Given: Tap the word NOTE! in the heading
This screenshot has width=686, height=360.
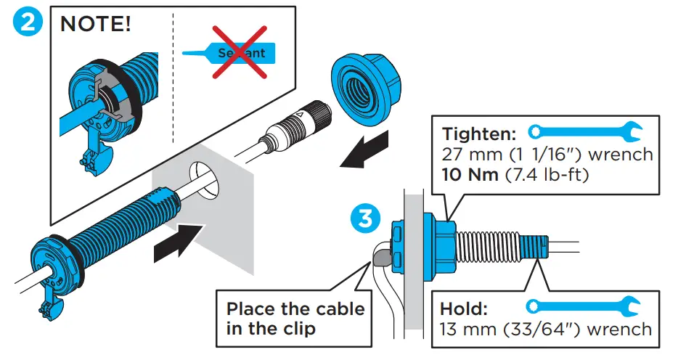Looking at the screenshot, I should [x=96, y=25].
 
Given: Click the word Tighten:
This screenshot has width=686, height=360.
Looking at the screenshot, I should [x=479, y=134].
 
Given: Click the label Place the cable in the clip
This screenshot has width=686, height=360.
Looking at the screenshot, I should [x=295, y=318].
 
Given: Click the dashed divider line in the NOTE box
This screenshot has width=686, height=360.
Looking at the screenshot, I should [x=173, y=80].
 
